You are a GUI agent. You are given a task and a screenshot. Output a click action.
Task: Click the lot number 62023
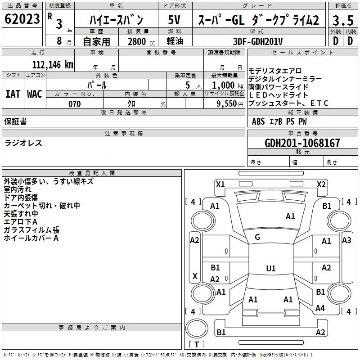[22, 19]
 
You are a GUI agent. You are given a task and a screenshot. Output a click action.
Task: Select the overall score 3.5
[343, 20]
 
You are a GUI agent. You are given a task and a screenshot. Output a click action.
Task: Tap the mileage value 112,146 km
[53, 65]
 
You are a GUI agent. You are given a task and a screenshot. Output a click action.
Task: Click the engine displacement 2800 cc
[141, 41]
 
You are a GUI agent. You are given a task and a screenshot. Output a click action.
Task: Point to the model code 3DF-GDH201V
[258, 41]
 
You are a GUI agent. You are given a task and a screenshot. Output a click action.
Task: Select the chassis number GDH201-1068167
[302, 143]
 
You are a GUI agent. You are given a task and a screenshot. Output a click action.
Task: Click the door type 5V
[174, 20]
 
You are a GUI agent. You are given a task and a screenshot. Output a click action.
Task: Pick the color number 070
[75, 104]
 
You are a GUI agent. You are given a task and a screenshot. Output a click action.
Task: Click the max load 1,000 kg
[228, 85]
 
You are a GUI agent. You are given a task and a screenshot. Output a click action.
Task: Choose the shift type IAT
[13, 94]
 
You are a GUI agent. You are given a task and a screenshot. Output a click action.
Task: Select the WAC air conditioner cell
[35, 94]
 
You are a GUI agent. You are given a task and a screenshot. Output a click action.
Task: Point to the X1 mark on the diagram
[220, 184]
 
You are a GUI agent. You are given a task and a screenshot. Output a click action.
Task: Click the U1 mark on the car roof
[271, 268]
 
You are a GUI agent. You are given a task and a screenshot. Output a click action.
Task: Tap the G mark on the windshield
[257, 237]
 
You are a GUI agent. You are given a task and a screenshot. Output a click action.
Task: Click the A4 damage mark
[320, 308]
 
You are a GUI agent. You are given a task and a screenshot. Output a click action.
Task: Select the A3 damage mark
[346, 240]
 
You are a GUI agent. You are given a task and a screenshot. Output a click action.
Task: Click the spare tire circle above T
[197, 328]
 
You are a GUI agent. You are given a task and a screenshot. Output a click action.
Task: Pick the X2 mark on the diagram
[321, 184]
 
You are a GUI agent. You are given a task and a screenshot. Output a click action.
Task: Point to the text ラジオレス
[23, 143]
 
